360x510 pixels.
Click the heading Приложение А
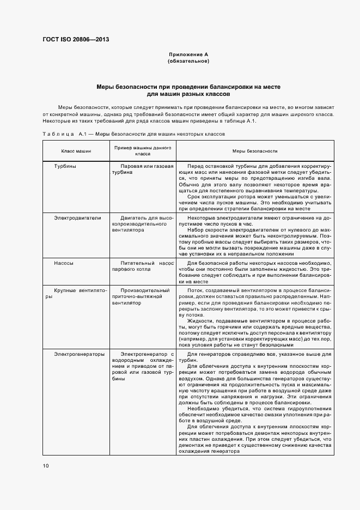(188, 55)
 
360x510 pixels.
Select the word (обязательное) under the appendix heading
(188, 61)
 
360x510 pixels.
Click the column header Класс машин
(76, 151)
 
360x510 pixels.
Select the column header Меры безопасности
(255, 151)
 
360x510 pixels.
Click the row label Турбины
(65, 166)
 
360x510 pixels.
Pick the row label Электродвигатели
(77, 217)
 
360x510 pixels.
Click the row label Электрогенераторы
(79, 354)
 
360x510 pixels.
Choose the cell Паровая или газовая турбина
(143, 168)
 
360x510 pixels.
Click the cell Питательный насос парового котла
(143, 266)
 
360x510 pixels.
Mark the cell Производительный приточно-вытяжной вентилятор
(143, 296)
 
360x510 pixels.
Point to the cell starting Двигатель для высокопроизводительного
(143, 223)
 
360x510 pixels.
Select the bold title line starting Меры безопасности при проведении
(188, 87)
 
